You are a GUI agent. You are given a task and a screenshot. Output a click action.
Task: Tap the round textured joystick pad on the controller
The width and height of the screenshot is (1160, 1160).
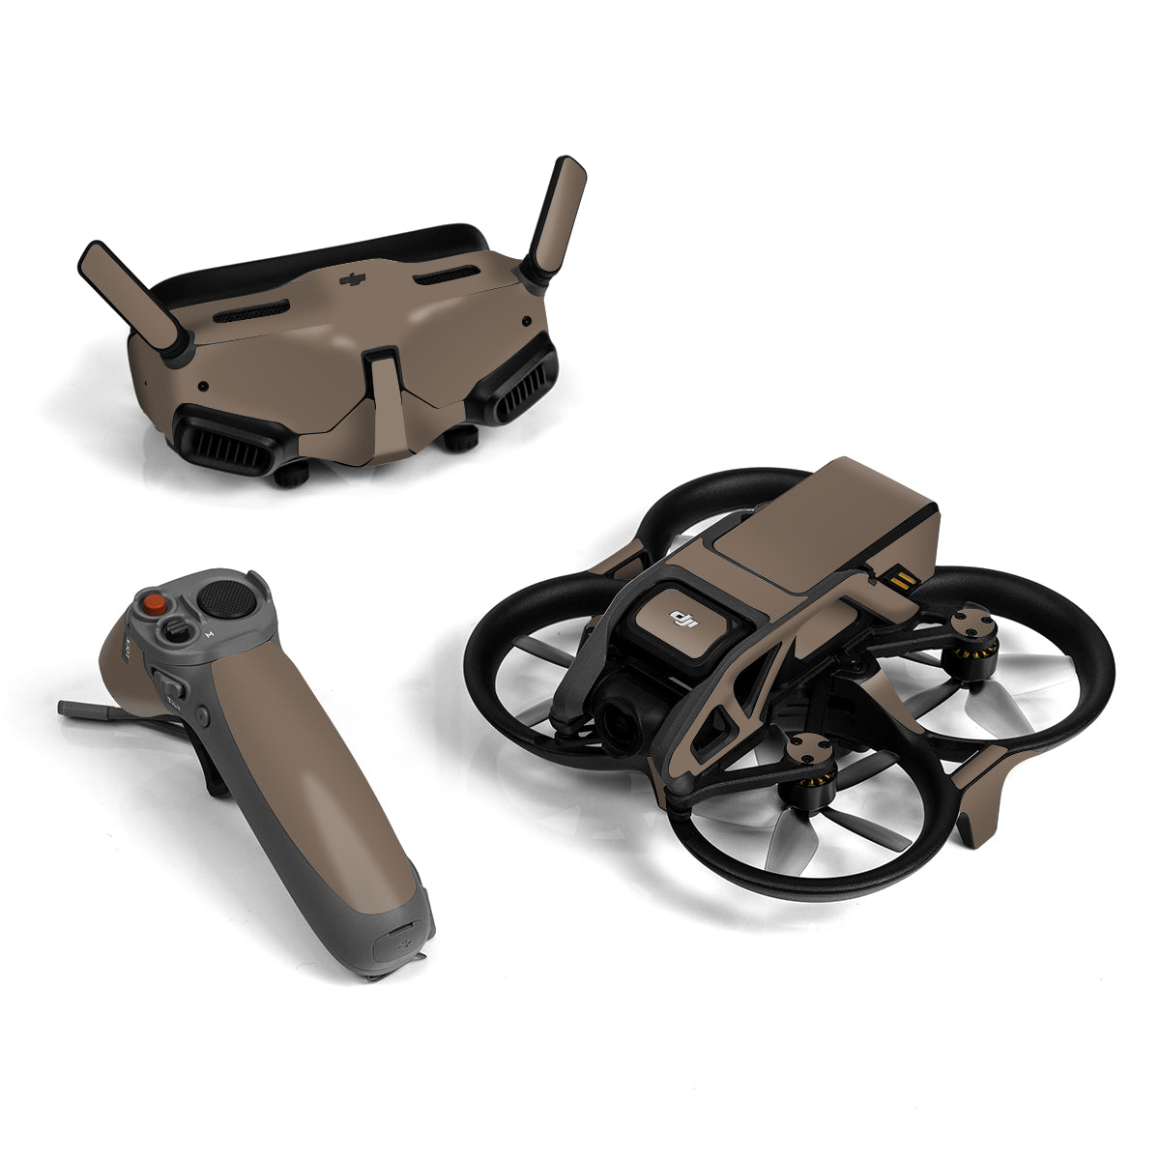[228, 600]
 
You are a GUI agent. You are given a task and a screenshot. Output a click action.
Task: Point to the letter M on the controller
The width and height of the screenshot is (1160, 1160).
[210, 634]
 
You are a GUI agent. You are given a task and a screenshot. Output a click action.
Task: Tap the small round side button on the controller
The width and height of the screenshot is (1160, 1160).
[202, 716]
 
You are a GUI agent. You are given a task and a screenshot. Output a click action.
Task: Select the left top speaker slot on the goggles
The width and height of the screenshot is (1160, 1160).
[250, 311]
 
